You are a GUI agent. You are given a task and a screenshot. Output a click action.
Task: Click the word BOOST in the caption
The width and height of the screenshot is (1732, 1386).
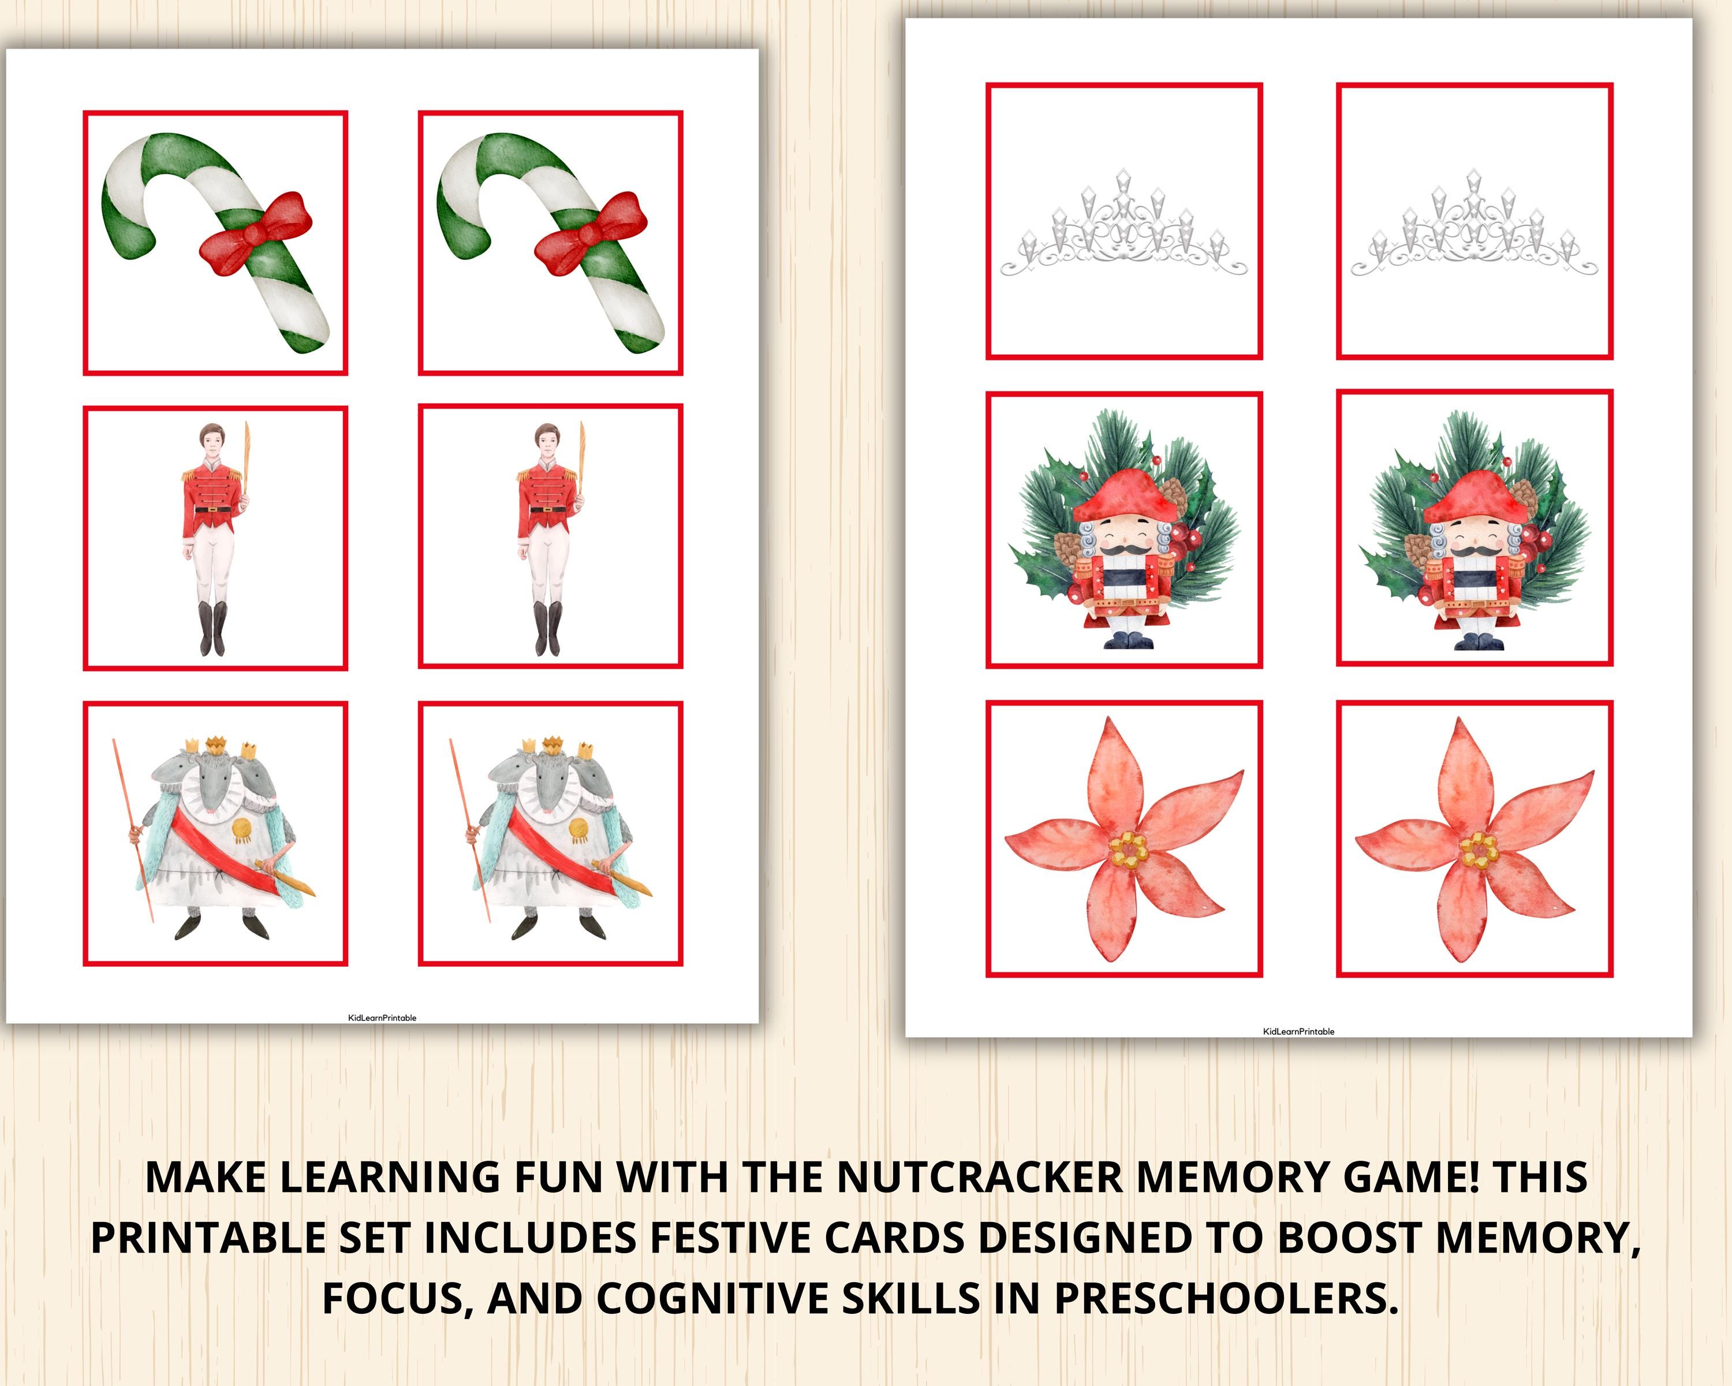point(1350,1238)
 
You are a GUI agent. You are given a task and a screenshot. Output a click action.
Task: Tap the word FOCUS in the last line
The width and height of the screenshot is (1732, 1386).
point(396,1300)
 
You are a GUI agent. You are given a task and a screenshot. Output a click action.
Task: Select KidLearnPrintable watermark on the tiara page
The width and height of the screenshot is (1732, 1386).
point(1298,1031)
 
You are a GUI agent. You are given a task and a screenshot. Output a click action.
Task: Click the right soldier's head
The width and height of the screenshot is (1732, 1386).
point(544,439)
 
